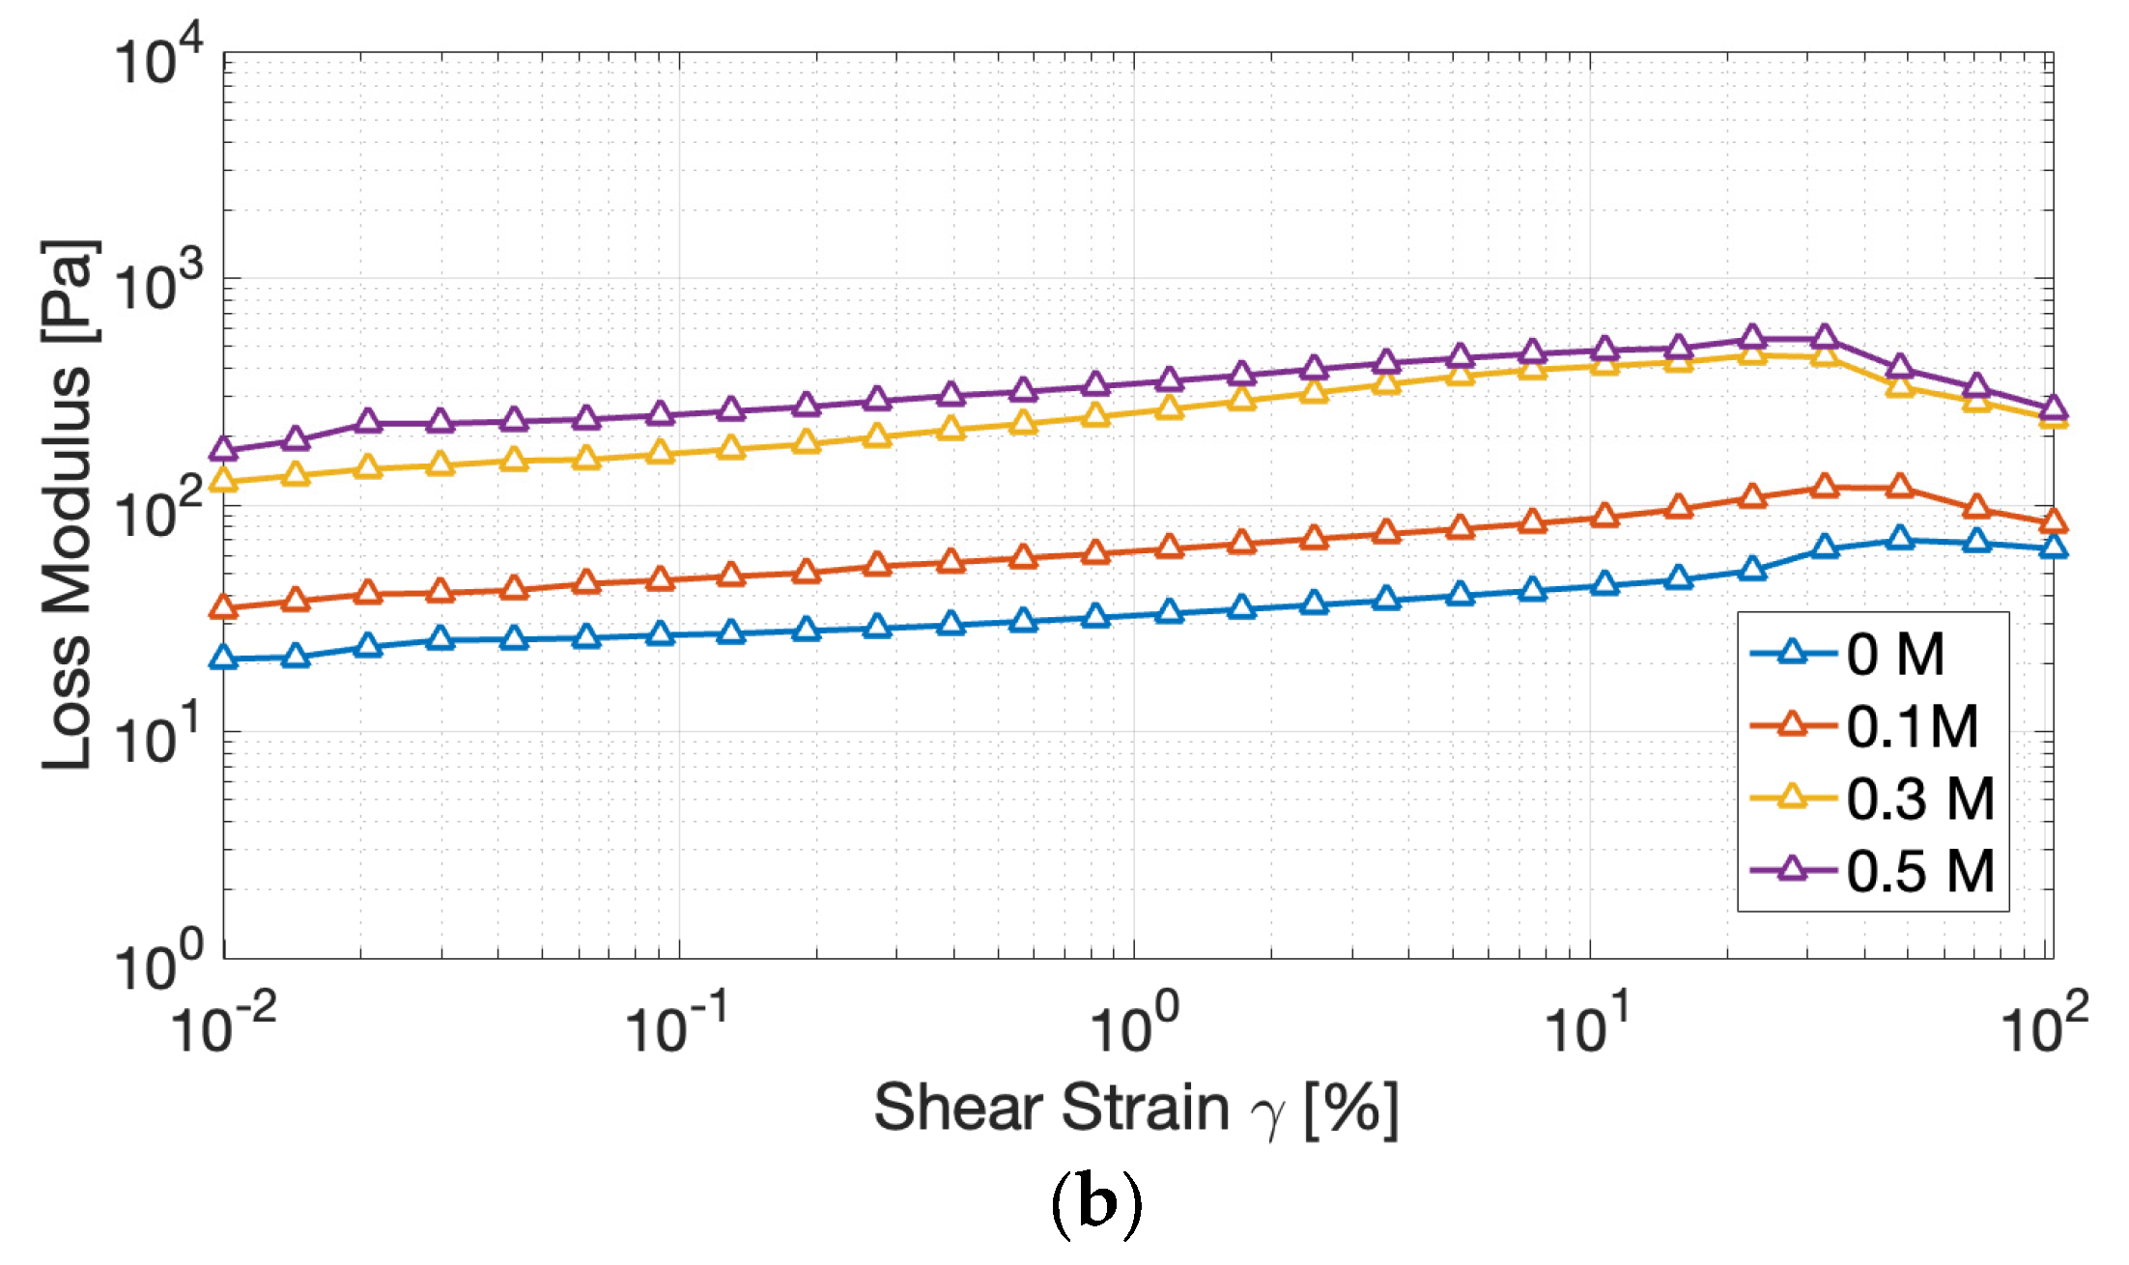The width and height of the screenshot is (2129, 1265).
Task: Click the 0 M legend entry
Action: (1894, 655)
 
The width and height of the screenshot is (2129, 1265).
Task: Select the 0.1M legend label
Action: (1912, 726)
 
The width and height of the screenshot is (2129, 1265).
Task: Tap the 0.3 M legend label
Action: (1919, 799)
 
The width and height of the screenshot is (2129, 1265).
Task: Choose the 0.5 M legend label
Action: (1919, 871)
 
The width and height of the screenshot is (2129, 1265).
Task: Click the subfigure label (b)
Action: (1095, 1202)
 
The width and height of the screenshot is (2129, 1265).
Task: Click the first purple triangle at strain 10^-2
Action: (224, 449)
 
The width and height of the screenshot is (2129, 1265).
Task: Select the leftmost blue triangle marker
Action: (224, 658)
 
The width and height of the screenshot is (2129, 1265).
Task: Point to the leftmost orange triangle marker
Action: (224, 606)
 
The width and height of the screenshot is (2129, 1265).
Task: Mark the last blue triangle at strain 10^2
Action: (2053, 548)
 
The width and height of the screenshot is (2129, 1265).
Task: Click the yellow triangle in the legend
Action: (1792, 797)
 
